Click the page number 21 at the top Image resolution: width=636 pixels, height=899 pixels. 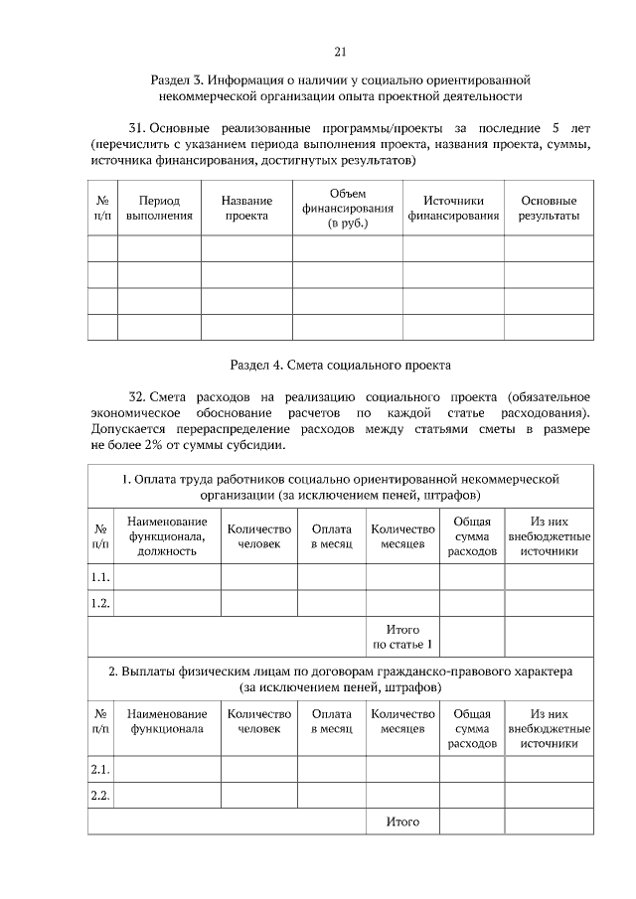coord(340,52)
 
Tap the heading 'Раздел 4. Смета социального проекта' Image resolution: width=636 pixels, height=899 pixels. coord(340,364)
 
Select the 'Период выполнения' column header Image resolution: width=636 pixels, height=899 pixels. coord(159,207)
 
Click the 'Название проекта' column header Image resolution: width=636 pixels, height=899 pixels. coord(246,207)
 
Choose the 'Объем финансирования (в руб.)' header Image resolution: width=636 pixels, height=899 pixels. coord(348,208)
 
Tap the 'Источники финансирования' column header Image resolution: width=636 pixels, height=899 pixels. coord(453,207)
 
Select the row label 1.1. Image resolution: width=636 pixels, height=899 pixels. coord(100,577)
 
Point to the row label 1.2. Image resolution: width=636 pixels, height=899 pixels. coord(100,603)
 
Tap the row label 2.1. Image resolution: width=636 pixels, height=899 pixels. coord(100,769)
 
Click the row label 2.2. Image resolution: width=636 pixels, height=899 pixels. coord(100,795)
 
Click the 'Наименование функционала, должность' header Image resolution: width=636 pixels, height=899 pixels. coord(167,536)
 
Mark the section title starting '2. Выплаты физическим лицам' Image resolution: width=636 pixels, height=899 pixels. coord(340,678)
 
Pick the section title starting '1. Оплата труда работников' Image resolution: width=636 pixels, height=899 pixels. coord(340,487)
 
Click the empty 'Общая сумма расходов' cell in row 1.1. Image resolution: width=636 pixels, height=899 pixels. coord(472,577)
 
